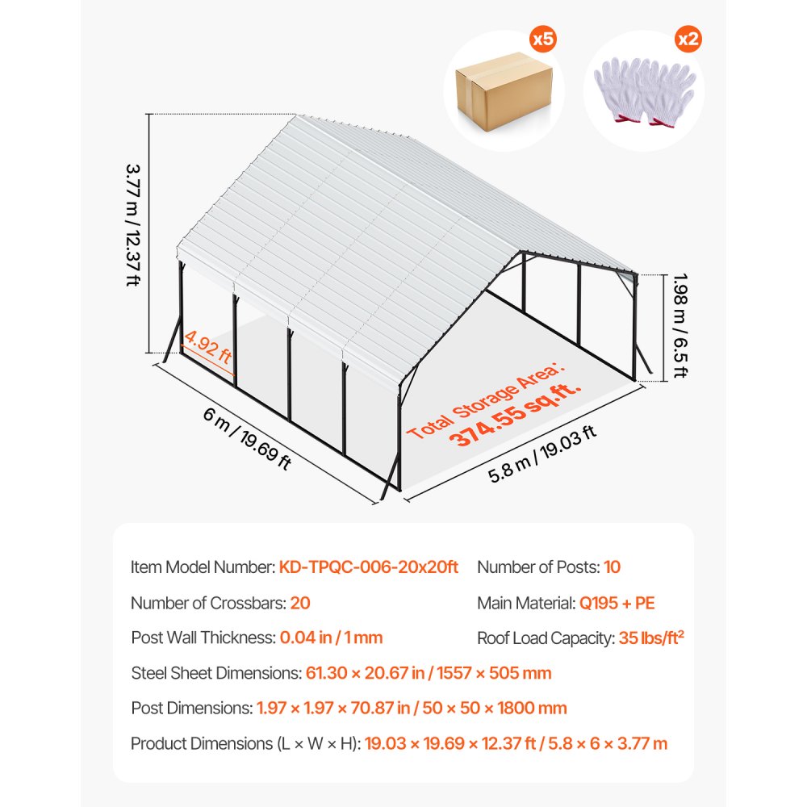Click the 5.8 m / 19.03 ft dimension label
point(542,454)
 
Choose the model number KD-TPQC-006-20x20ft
point(369,567)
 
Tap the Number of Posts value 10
point(612,567)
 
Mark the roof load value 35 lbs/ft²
point(651,638)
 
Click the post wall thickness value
point(331,638)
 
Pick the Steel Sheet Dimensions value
point(429,673)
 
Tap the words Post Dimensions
point(191,709)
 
